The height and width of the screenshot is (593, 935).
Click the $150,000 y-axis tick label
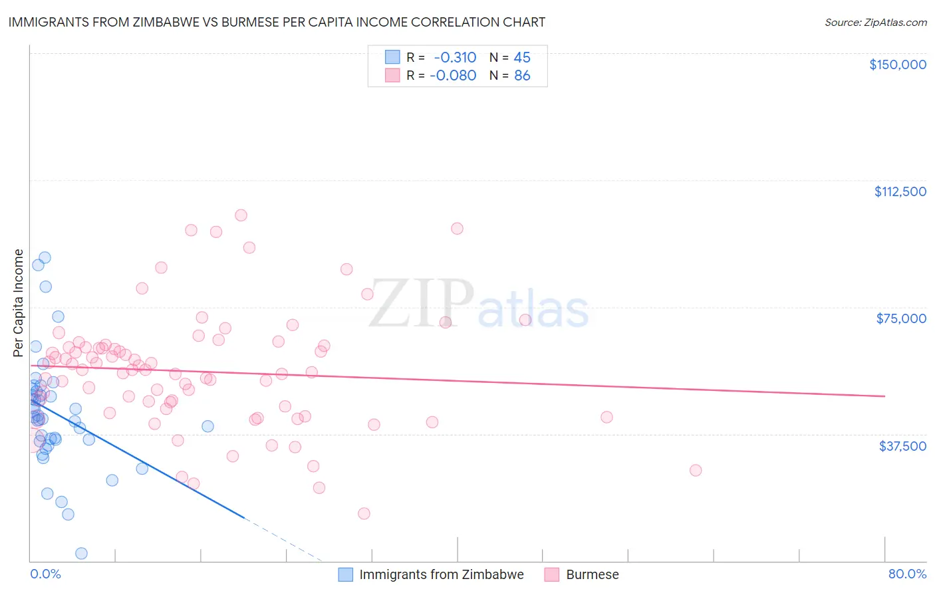tap(897, 64)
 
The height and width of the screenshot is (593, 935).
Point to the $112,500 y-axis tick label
tap(900, 191)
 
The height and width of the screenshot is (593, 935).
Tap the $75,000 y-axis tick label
tap(901, 318)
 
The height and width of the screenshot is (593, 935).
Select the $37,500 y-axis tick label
tap(902, 446)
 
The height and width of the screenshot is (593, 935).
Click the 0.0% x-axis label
tap(45, 574)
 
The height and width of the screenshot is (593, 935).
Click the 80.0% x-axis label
tap(907, 574)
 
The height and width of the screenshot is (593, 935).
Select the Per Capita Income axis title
tap(19, 302)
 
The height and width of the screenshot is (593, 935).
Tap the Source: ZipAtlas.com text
tap(875, 23)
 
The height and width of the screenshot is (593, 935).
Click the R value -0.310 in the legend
tap(455, 58)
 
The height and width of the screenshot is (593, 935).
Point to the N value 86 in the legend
tap(522, 76)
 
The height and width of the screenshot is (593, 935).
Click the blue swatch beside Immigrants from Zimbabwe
tap(346, 574)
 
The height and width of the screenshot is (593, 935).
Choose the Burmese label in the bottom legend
tap(592, 574)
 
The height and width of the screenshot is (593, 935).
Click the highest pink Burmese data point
tap(241, 215)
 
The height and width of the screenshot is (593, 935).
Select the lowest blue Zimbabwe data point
tap(81, 553)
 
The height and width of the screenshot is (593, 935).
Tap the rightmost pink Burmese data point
tap(696, 470)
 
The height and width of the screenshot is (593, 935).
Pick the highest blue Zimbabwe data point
tap(45, 257)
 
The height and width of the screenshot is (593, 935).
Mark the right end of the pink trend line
tap(884, 396)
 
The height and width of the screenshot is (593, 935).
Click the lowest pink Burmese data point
tap(364, 513)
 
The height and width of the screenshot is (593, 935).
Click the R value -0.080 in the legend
tap(454, 76)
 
